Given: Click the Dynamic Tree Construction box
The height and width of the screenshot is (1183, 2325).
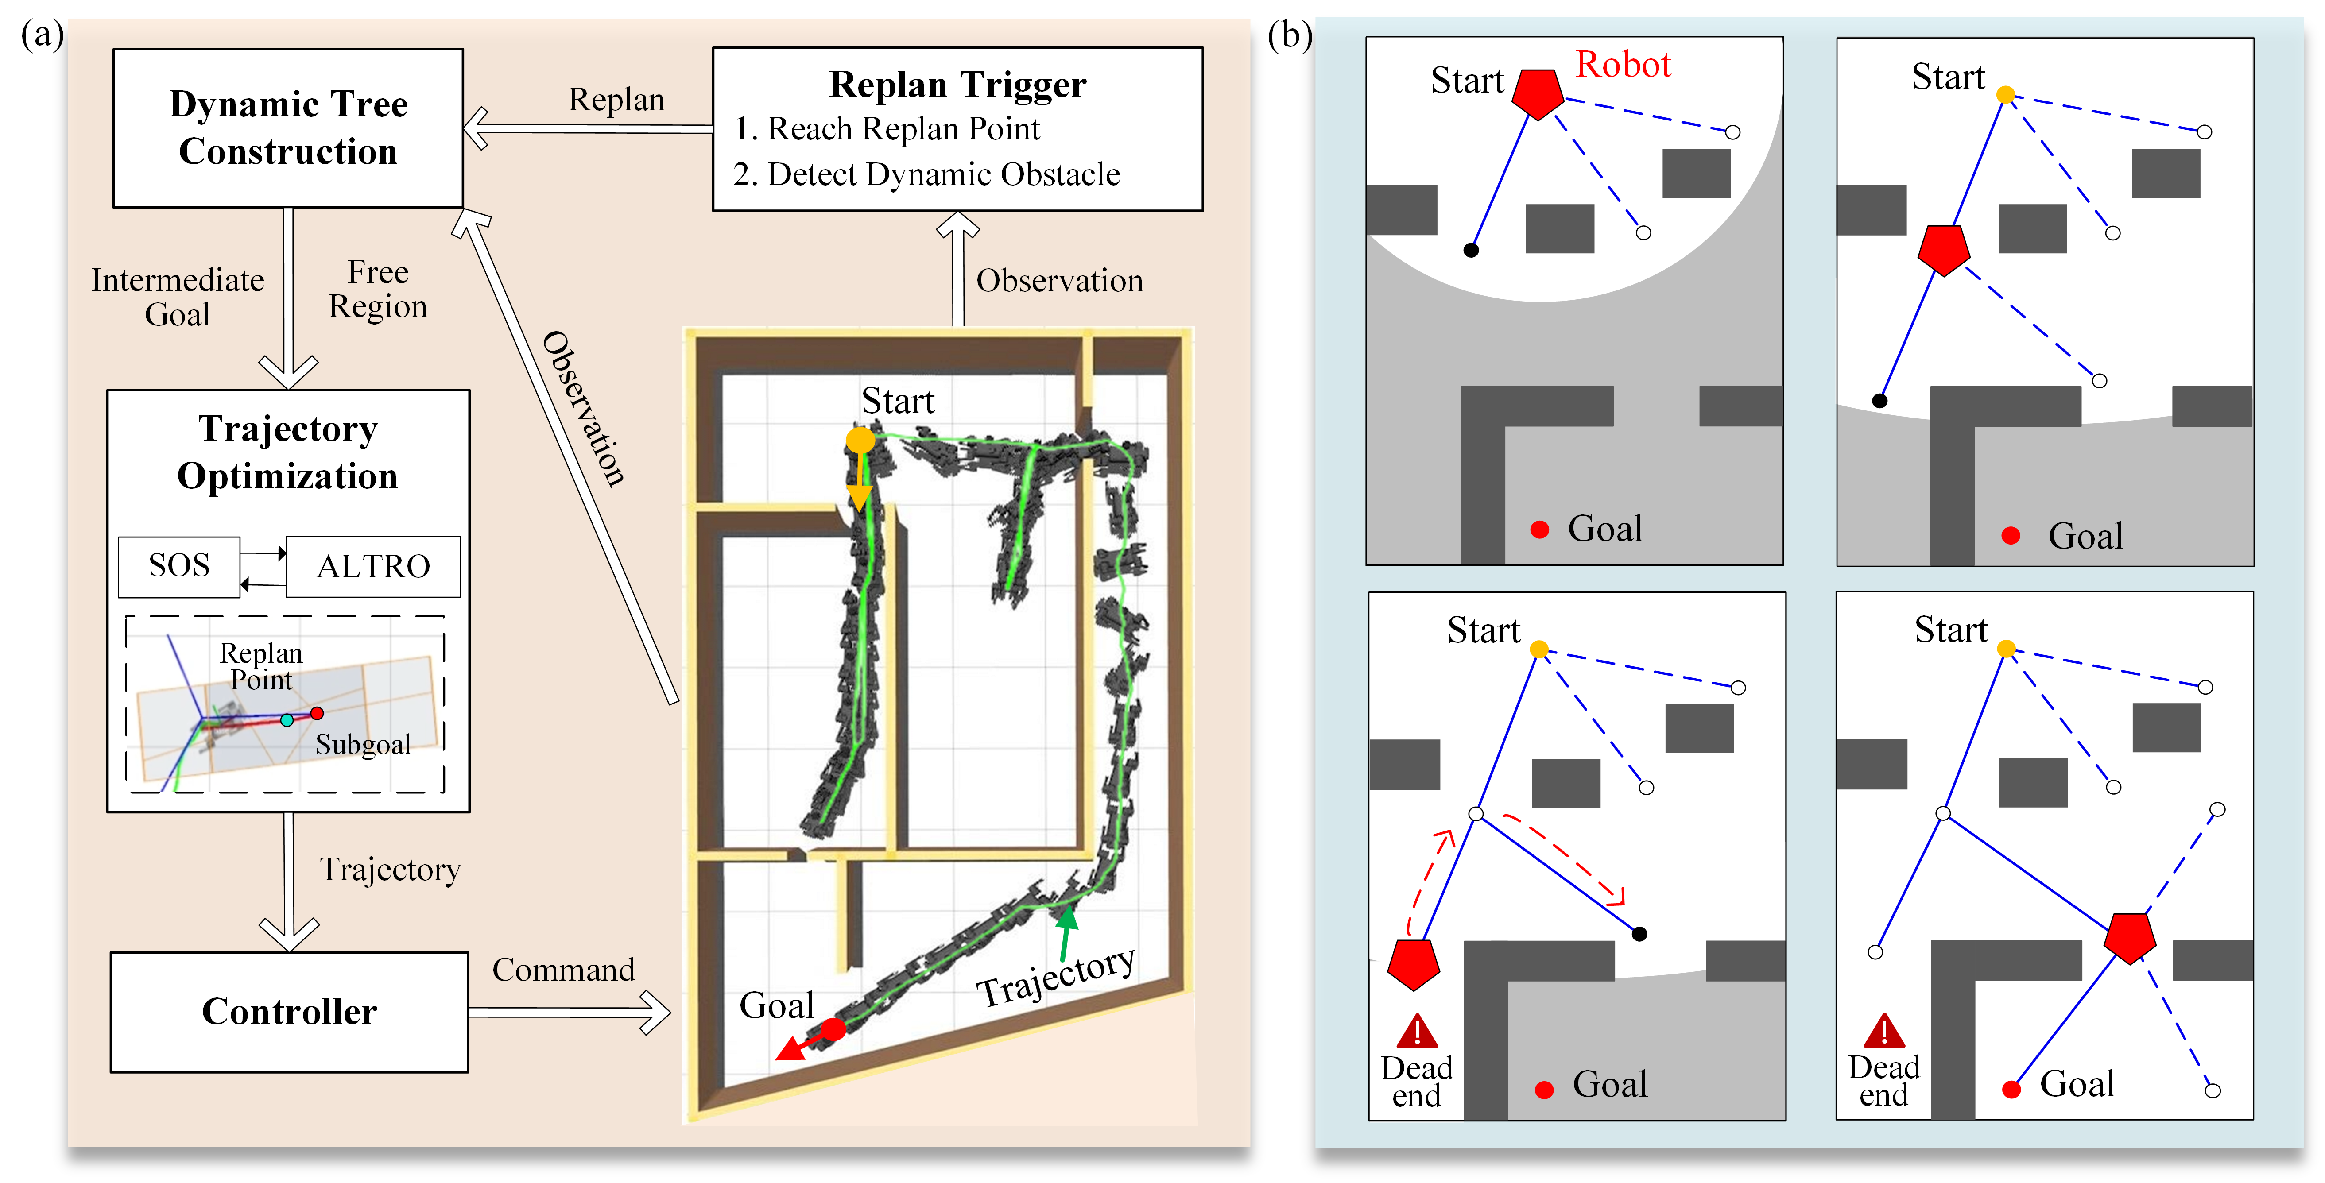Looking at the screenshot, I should [x=288, y=128].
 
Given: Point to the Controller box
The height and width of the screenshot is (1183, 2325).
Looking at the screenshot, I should [x=289, y=1012].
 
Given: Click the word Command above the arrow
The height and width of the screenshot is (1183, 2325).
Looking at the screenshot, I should [x=563, y=970].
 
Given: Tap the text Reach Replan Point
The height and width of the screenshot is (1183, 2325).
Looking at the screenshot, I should [x=903, y=129].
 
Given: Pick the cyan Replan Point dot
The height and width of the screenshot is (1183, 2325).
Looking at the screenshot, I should [x=287, y=720].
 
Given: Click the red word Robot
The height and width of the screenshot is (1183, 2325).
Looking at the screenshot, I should [x=1623, y=65].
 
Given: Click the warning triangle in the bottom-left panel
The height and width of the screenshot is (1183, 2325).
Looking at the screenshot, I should [x=1417, y=1032].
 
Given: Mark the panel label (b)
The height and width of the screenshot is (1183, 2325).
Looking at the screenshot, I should [x=1289, y=36].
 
